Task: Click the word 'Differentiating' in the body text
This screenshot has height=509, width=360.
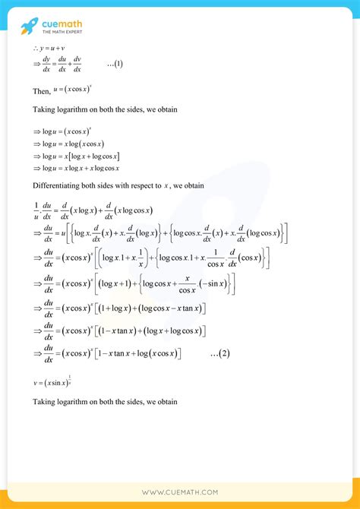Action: coord(58,185)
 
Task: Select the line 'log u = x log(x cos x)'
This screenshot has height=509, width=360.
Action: coord(71,144)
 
